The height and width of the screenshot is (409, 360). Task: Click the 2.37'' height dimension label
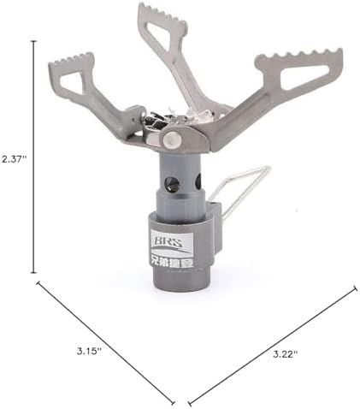coord(15,159)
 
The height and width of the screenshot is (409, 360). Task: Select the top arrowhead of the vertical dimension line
coord(35,40)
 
